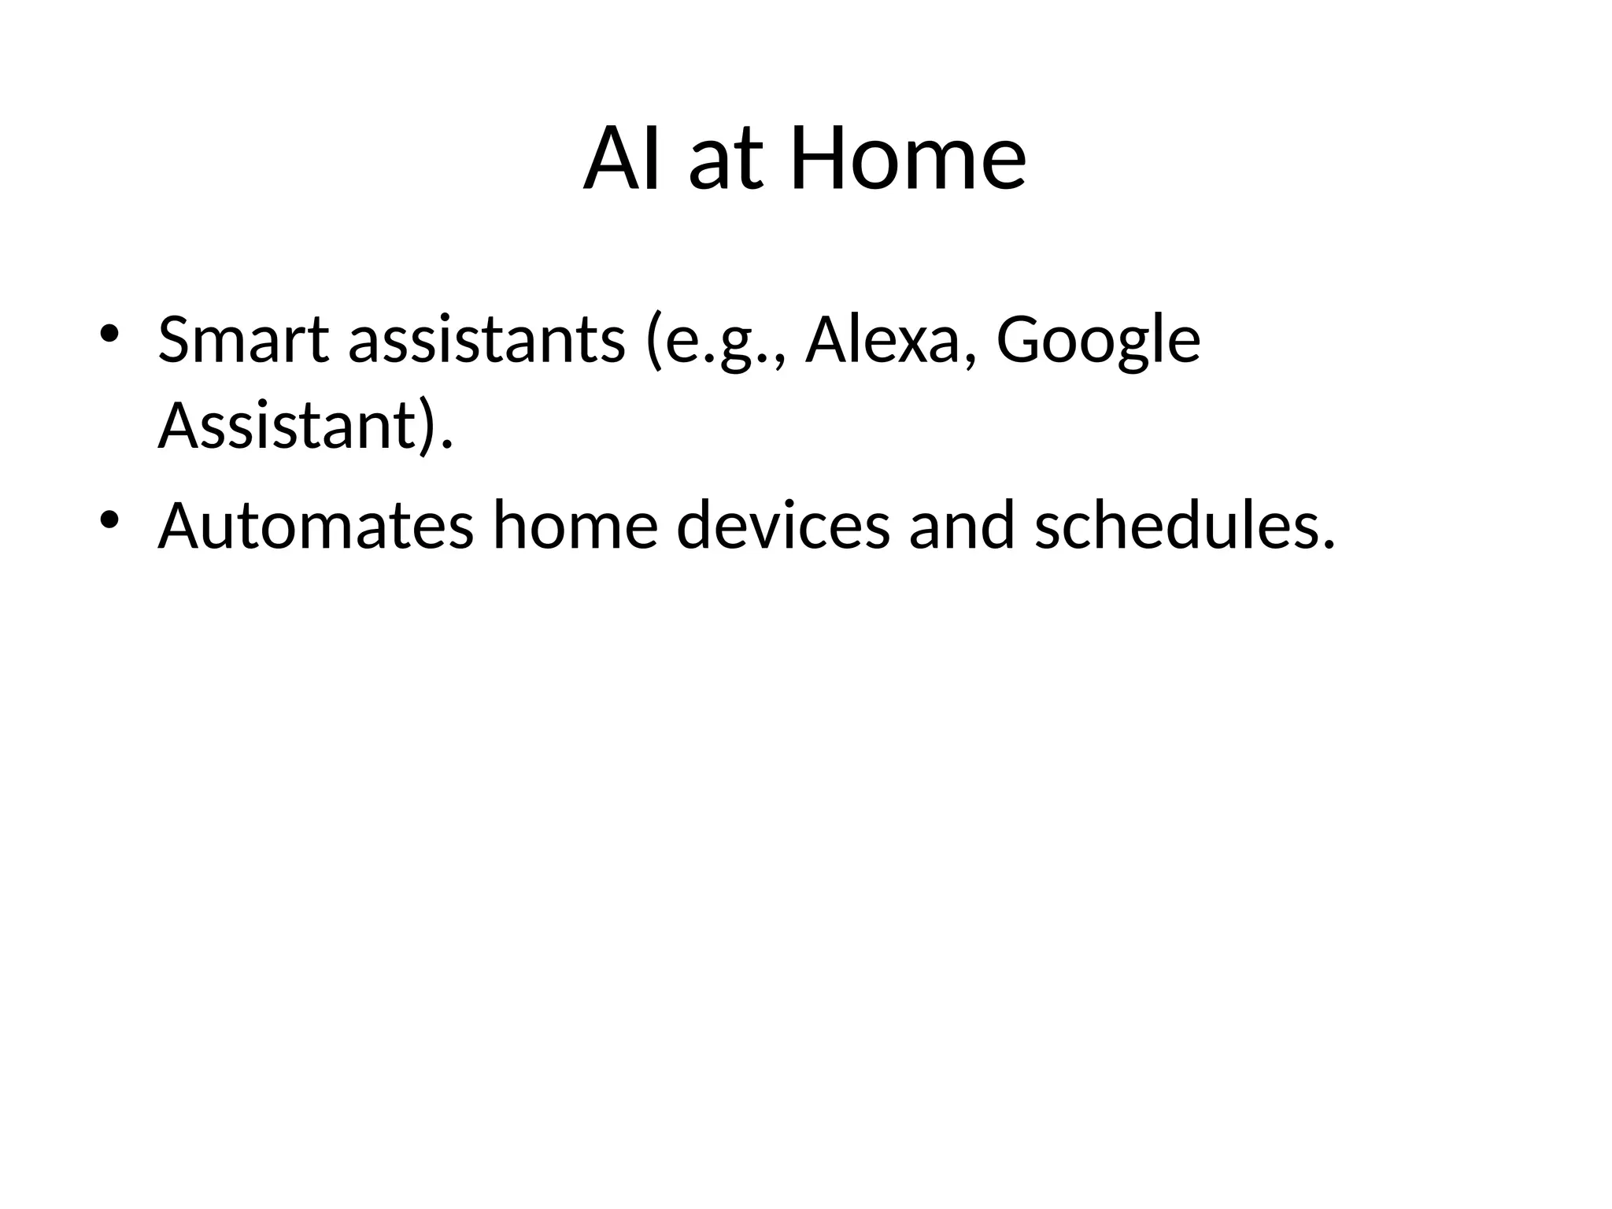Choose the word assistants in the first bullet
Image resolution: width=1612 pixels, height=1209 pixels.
click(486, 340)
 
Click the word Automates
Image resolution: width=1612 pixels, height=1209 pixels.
click(316, 526)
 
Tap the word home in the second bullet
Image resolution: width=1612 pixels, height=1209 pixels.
click(575, 526)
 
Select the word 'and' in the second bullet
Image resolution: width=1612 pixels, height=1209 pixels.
click(962, 526)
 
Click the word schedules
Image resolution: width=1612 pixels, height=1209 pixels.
click(1184, 526)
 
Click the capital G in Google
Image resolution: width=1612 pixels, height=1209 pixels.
click(1020, 340)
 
